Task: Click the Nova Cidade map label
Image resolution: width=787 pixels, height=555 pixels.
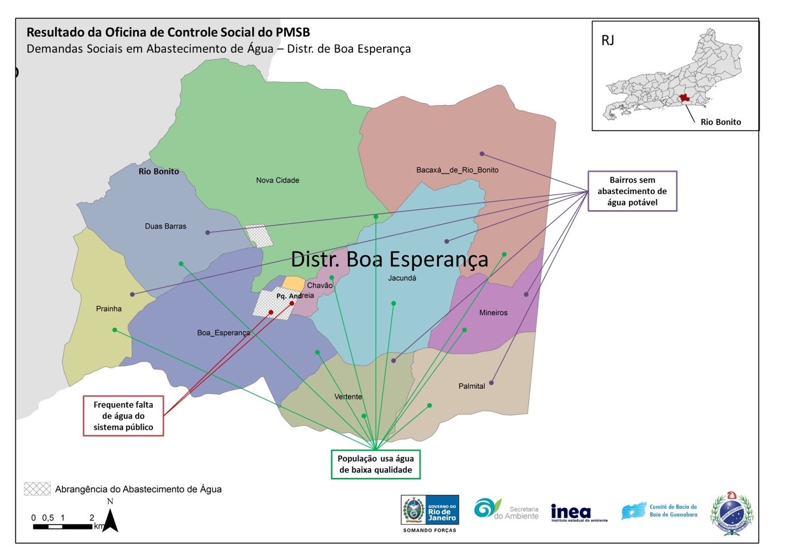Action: tap(277, 180)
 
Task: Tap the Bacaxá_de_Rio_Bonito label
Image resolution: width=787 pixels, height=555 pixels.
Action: tap(457, 170)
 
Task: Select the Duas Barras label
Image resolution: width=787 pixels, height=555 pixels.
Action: tap(165, 226)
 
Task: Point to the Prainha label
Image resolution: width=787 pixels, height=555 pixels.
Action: tap(109, 309)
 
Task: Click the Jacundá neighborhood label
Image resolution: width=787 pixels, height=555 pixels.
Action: tap(402, 278)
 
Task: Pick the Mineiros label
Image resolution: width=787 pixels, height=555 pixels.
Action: tap(493, 313)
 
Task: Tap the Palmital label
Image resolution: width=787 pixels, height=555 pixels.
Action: tap(472, 386)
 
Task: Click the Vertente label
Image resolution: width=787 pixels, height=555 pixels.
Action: tap(348, 397)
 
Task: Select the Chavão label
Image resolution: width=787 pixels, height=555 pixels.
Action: tap(320, 285)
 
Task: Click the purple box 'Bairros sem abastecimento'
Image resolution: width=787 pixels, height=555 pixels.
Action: tap(632, 191)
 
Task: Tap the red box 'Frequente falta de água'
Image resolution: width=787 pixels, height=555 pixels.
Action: tap(123, 416)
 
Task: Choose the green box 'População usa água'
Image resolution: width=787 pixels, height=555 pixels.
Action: tap(375, 464)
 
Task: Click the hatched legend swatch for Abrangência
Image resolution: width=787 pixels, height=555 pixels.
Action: tap(37, 489)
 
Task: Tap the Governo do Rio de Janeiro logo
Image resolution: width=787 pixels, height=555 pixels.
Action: tap(430, 511)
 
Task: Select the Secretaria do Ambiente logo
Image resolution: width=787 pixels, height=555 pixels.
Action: tap(506, 510)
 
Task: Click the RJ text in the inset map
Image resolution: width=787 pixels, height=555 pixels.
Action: tap(607, 40)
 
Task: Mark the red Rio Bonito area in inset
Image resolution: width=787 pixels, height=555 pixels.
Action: tap(684, 98)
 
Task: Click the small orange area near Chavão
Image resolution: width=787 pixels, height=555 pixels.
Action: tap(294, 283)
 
